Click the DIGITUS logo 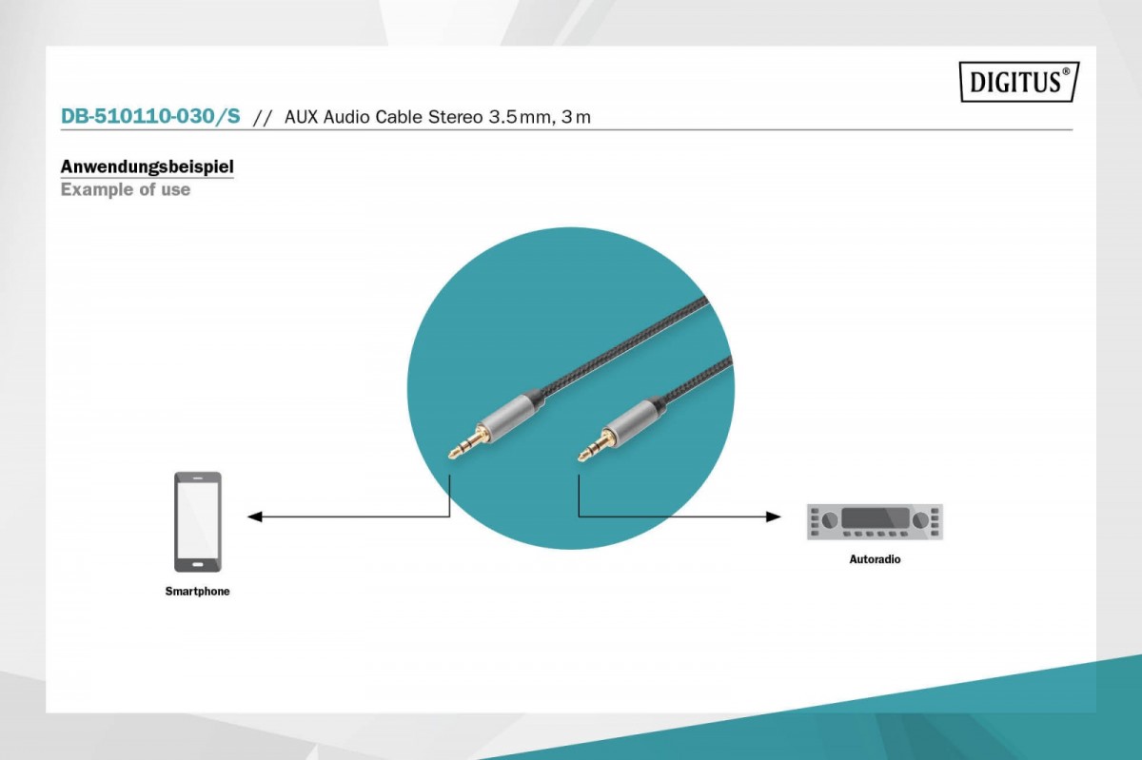coord(1018,82)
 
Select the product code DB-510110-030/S coord(150,117)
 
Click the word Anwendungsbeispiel coord(147,166)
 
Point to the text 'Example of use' coord(125,189)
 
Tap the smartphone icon coord(198,521)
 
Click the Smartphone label coord(198,592)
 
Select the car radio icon coord(875,521)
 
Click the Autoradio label coord(875,559)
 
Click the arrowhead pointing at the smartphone coord(254,516)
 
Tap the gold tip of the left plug coord(457,450)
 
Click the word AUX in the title coord(302,117)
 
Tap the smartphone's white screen coord(198,521)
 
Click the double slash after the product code coord(263,118)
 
